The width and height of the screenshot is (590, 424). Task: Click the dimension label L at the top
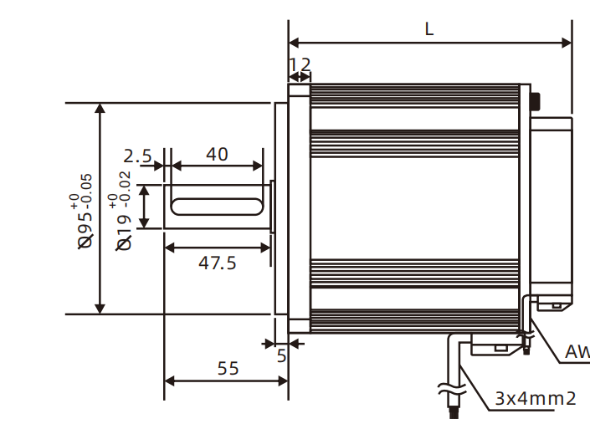[429, 28]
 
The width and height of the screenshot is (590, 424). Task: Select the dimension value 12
[300, 65]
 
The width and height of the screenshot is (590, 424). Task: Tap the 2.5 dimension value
[137, 156]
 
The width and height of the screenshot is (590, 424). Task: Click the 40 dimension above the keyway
[217, 155]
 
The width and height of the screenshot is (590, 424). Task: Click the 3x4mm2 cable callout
[535, 398]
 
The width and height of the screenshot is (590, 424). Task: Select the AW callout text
[577, 353]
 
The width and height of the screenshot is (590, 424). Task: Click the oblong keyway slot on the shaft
[217, 206]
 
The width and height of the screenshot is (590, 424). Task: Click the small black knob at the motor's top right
[535, 101]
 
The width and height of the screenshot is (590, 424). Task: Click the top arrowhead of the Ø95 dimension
[100, 110]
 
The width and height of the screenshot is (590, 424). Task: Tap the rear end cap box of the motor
[552, 209]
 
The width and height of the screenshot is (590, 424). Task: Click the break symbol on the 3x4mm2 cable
[450, 388]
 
